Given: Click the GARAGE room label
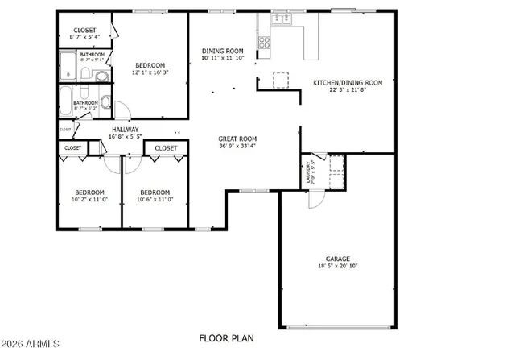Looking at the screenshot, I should (x=337, y=259).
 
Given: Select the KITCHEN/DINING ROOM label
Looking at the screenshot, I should (x=347, y=82).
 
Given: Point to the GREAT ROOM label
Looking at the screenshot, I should (x=237, y=139).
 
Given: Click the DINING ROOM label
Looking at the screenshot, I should (x=222, y=51).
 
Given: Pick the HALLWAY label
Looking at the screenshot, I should (x=125, y=129).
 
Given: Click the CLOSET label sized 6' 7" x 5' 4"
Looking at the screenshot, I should (x=85, y=37).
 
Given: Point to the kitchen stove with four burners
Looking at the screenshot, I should (x=263, y=41).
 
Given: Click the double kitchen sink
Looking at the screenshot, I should (x=281, y=19).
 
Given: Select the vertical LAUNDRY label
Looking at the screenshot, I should (x=309, y=173).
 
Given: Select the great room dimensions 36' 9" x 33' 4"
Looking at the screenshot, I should (x=237, y=146).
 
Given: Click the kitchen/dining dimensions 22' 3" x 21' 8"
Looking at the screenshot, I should (x=347, y=89).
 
